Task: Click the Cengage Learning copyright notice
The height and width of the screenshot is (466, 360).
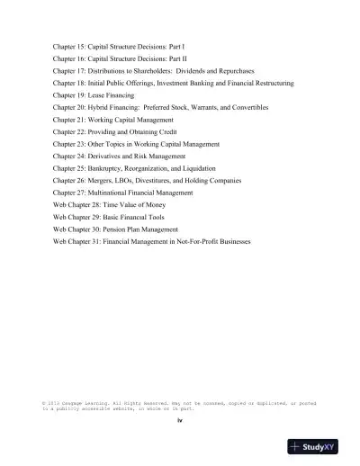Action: [179, 406]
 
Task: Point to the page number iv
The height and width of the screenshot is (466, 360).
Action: [180, 420]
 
